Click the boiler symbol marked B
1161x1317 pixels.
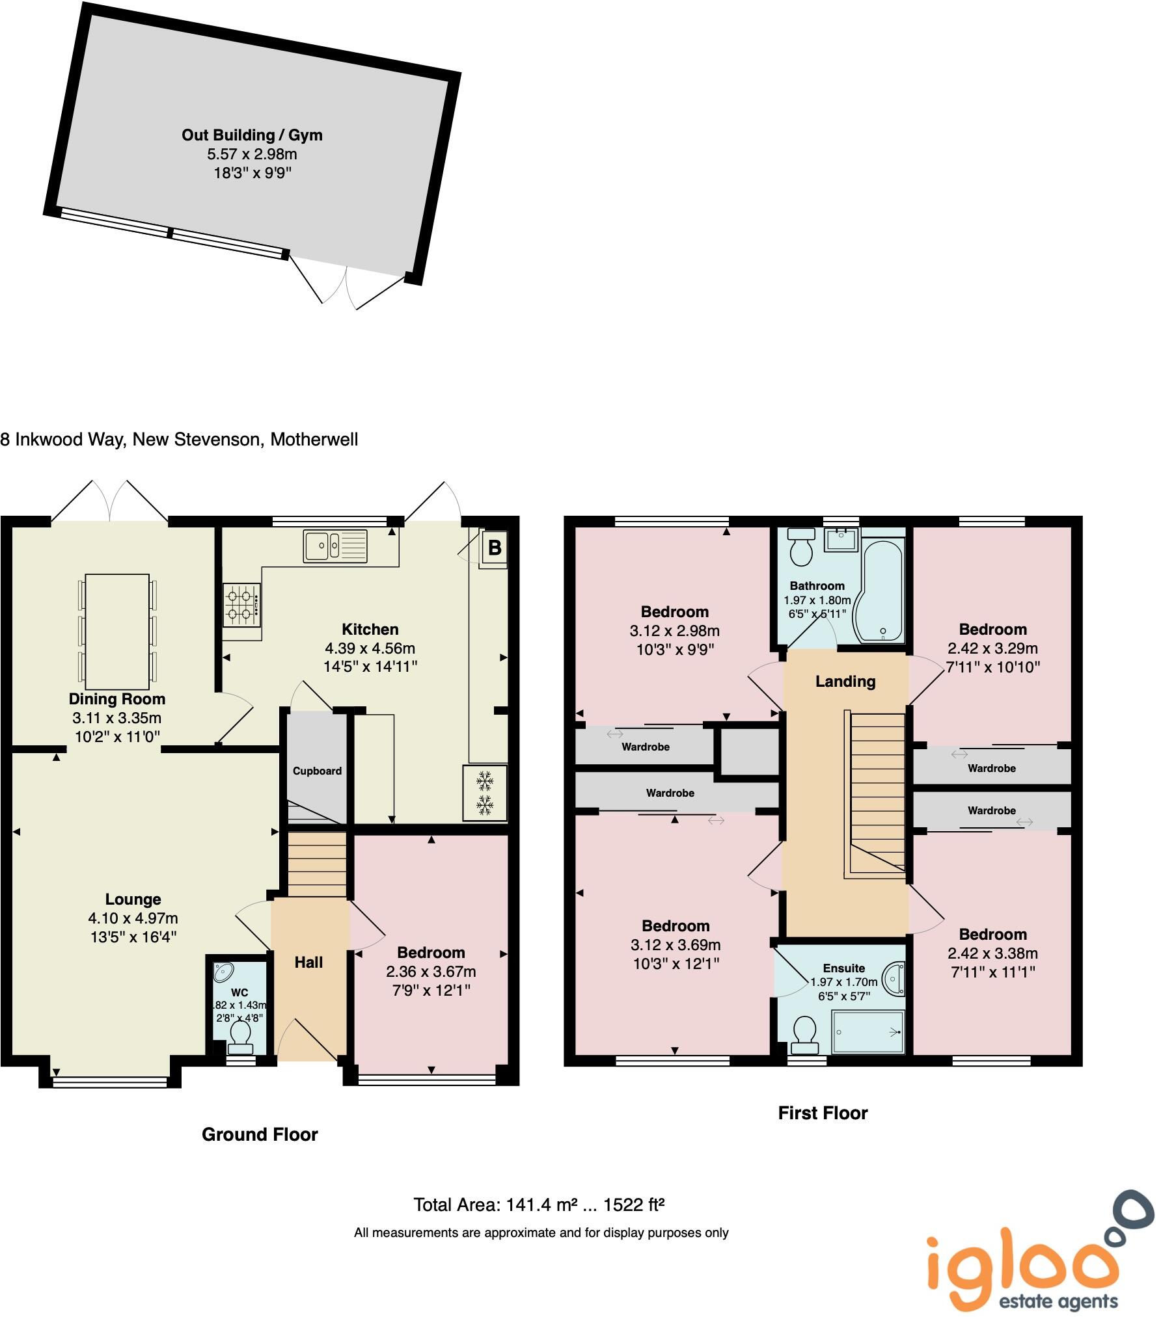tap(494, 548)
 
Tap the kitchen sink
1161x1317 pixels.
tap(335, 545)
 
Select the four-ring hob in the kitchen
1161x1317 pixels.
tap(242, 605)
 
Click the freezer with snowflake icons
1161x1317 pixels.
tap(484, 792)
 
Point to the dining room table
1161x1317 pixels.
tap(117, 631)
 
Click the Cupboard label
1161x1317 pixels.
tap(317, 771)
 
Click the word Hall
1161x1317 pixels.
tap(308, 962)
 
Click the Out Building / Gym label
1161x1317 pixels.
tap(252, 135)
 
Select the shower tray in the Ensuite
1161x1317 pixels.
tap(868, 1031)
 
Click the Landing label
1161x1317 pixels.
tap(845, 681)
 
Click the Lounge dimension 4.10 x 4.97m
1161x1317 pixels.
tap(133, 918)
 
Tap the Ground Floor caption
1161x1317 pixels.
tap(260, 1134)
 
